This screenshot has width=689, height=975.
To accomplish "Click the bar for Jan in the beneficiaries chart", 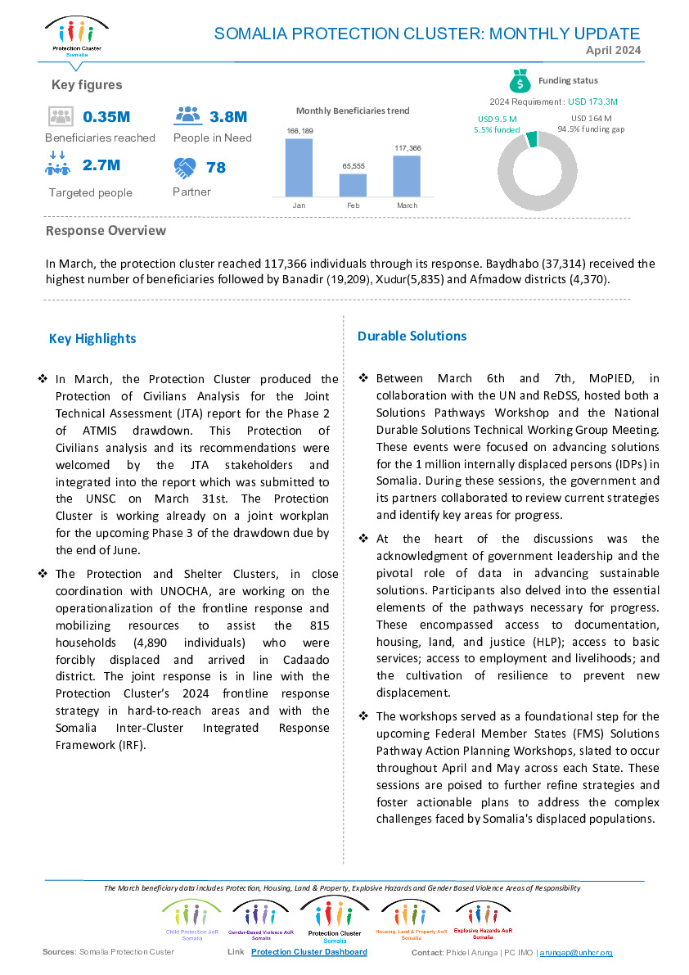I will pos(299,168).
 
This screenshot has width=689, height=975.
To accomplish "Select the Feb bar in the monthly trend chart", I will pos(353,185).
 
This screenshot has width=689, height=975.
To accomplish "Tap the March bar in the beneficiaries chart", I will pos(407,176).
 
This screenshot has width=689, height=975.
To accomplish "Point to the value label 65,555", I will pos(354,166).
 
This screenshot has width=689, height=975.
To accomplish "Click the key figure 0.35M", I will pos(106,117).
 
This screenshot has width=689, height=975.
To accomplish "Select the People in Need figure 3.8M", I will pos(228,117).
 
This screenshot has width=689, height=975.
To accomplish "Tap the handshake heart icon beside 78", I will pos(185,168).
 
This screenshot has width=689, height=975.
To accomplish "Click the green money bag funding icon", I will pos(520,81).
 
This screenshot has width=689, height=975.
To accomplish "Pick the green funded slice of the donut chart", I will pos(532,138).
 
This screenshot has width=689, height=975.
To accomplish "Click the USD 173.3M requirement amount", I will pos(592,102).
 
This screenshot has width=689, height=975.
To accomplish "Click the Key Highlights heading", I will pos(92,339).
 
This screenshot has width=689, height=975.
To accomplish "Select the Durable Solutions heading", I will pos(412,336).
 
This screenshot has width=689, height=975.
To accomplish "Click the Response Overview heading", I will pos(106,231).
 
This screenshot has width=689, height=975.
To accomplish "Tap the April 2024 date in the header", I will pos(613,51).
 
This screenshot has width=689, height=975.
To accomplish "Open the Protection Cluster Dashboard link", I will pos(308,952).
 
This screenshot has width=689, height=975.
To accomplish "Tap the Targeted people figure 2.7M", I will pos(101,165).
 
